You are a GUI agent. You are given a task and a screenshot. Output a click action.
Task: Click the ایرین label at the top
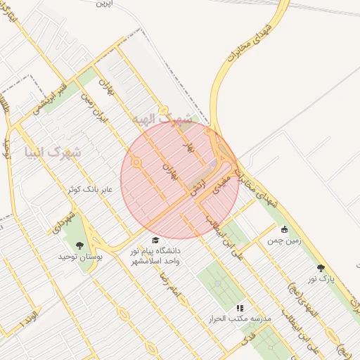(x=104, y=4)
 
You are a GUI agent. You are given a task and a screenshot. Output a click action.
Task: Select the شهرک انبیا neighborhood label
(x=53, y=151)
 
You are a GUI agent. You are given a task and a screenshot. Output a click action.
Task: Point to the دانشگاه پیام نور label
(x=155, y=250)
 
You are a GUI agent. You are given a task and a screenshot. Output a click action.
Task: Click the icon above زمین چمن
(x=284, y=229)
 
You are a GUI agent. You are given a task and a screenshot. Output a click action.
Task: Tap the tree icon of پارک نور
(x=321, y=268)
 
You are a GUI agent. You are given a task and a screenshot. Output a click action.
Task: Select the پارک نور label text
(x=323, y=279)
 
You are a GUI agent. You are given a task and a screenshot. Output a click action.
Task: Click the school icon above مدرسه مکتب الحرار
(x=239, y=308)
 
